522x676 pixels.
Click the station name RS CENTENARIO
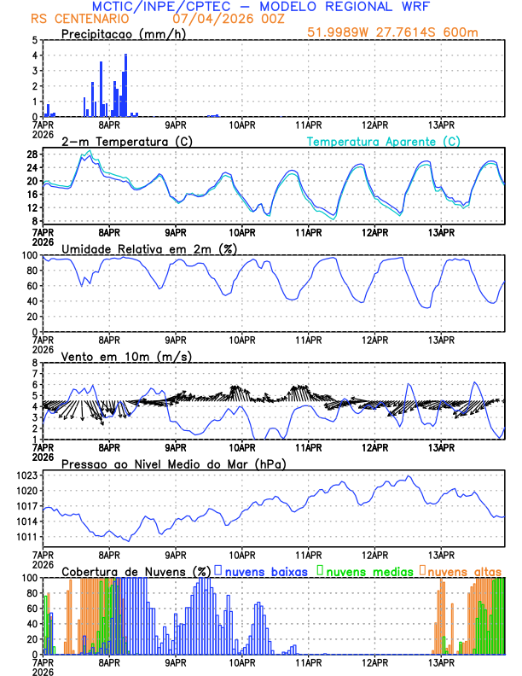coord(80,18)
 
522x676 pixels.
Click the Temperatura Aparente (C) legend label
coord(384,141)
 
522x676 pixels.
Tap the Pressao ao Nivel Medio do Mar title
coord(173,463)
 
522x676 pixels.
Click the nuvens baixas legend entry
coord(266,570)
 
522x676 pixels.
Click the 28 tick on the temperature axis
coord(32,154)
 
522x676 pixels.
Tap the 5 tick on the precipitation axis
coord(34,40)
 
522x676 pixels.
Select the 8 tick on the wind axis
coord(34,363)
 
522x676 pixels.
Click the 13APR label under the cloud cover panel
coord(440,661)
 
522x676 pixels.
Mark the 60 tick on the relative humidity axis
coord(32,286)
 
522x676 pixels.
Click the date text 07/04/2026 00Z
coord(214,18)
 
